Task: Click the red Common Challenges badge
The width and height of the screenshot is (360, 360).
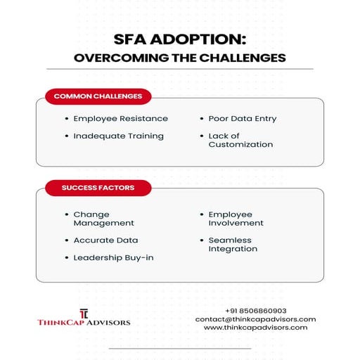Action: click(98, 96)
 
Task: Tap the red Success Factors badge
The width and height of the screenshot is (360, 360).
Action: click(98, 188)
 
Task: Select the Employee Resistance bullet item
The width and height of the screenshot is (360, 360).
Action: click(120, 118)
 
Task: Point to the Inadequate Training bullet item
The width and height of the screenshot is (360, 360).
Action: click(118, 135)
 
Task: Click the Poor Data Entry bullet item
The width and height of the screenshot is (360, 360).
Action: click(242, 118)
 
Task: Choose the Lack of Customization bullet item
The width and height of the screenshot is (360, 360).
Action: click(240, 140)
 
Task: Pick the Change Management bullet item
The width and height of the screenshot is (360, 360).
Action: click(103, 219)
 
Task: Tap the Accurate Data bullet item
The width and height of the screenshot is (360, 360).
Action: click(105, 240)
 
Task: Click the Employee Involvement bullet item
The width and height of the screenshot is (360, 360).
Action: click(236, 219)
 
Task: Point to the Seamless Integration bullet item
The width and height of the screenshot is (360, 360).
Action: click(233, 244)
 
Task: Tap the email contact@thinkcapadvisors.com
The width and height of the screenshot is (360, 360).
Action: click(255, 319)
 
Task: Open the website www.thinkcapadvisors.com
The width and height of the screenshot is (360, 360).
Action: click(255, 328)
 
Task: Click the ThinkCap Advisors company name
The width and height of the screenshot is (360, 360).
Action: click(84, 322)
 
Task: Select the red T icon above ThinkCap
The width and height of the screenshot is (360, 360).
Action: click(84, 311)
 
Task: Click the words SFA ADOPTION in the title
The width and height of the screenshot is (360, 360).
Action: click(179, 41)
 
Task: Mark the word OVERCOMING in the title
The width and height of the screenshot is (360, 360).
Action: click(118, 58)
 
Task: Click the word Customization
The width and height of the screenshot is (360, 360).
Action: click(240, 144)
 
